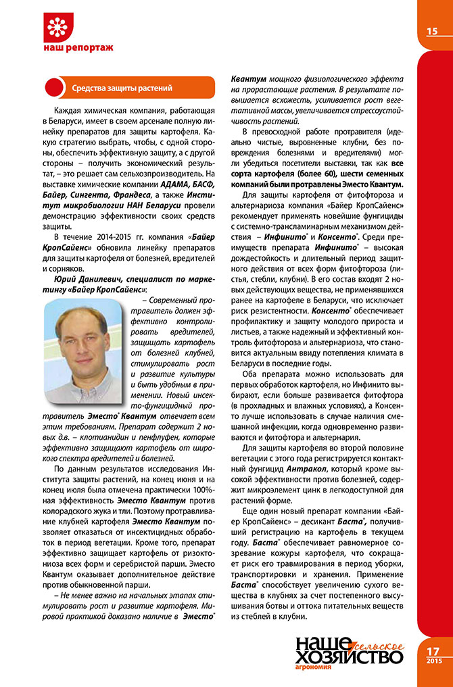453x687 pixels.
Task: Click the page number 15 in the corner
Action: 431,30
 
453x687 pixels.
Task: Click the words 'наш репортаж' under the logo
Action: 78,48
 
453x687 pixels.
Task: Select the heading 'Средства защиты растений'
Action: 122,88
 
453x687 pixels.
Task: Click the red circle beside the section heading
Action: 53,88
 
